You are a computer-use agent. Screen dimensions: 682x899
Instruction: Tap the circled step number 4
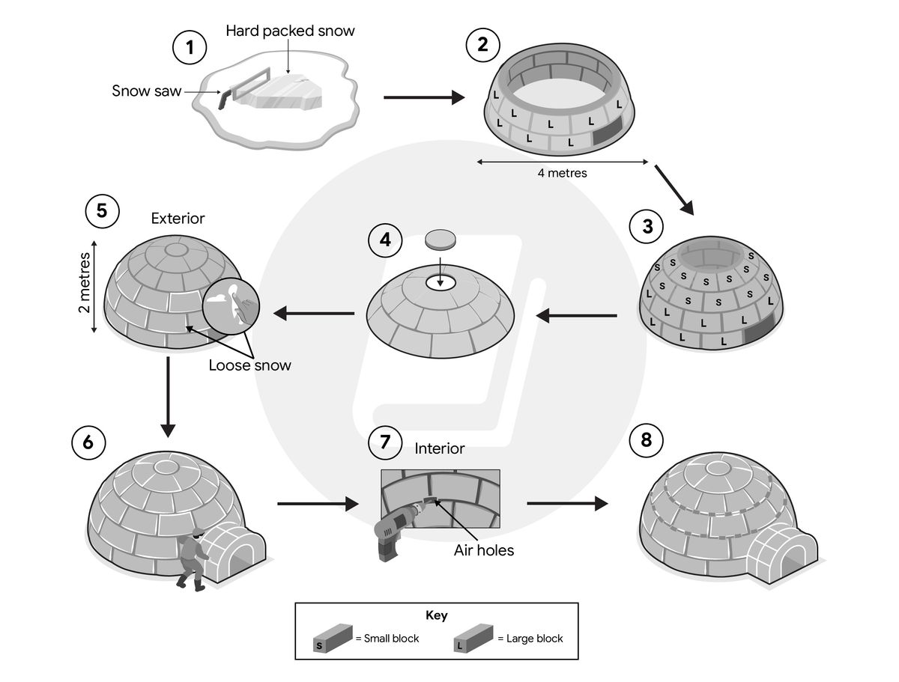click(x=385, y=240)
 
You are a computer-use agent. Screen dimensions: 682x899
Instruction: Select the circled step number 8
click(x=647, y=442)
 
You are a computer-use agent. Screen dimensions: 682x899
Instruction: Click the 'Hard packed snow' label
click(x=290, y=31)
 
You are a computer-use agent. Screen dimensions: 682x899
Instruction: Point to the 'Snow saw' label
click(x=145, y=91)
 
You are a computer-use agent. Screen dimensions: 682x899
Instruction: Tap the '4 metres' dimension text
click(x=562, y=173)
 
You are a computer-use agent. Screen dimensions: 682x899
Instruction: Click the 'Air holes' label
click(x=483, y=550)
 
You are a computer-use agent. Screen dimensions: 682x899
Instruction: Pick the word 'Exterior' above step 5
click(x=178, y=219)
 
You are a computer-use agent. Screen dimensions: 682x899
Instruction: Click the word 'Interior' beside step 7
click(x=440, y=448)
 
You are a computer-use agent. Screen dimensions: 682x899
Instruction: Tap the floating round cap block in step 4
click(x=440, y=240)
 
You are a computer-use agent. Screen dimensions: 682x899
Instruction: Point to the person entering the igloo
click(x=193, y=558)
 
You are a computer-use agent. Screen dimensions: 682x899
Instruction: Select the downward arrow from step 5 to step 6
click(x=168, y=397)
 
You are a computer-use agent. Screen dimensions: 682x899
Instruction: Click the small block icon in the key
click(x=333, y=638)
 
